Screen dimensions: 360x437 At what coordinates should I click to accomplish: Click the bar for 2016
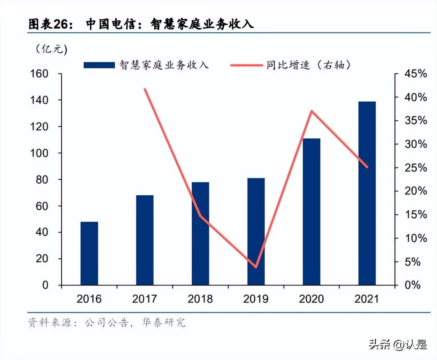point(89,253)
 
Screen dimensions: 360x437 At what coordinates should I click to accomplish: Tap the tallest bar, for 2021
point(367,193)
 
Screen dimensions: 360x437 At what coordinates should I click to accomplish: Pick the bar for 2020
point(312,212)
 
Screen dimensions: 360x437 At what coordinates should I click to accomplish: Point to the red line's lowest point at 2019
point(256,267)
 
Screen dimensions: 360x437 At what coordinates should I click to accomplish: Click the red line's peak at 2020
point(312,111)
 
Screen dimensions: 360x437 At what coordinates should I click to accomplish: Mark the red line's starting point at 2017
point(145,89)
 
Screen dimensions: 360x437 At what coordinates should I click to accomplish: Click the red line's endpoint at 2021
point(367,167)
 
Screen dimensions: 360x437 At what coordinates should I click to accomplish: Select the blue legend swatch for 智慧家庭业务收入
point(99,65)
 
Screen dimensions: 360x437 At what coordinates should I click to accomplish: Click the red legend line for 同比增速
point(246,65)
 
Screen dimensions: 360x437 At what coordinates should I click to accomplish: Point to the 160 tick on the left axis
point(39,74)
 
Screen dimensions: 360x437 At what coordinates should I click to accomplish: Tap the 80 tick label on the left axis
point(42,180)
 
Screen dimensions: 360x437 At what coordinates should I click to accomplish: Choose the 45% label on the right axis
point(415,74)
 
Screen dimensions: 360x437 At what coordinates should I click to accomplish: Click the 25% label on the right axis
point(415,168)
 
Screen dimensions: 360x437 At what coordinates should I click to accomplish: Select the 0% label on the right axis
point(413,285)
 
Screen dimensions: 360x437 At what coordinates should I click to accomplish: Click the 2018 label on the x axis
point(200,299)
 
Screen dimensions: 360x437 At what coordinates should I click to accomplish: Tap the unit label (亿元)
point(52,49)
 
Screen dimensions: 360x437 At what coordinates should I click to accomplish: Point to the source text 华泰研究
point(163,322)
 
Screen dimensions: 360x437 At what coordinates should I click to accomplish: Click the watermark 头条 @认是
point(398,345)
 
